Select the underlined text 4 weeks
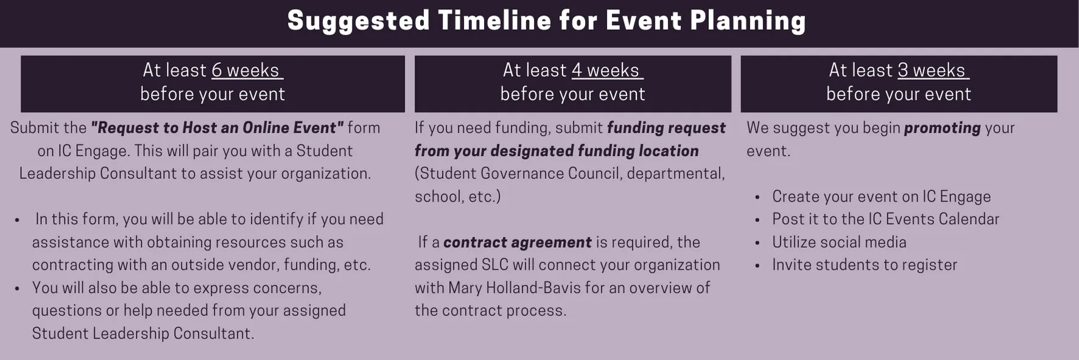606,71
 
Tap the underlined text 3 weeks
932,71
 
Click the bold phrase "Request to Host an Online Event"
217,128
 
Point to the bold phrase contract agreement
517,242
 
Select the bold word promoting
943,128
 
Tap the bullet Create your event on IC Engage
881,197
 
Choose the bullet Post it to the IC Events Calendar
885,219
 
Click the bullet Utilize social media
839,242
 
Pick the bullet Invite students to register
865,265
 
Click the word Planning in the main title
748,21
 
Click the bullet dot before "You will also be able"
17,288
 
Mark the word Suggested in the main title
359,21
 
